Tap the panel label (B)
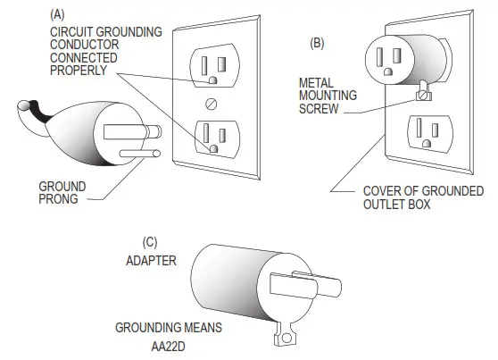click(x=318, y=43)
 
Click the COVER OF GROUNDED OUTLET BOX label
click(x=422, y=198)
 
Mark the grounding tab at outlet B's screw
click(x=425, y=92)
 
